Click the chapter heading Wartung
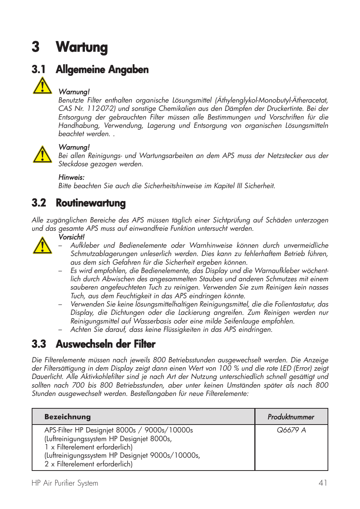coord(82,48)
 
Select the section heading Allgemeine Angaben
coord(102,70)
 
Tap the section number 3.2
coord(39,203)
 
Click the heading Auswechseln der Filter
coord(105,344)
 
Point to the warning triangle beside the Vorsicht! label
coord(42,245)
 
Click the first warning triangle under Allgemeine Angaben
coord(42,86)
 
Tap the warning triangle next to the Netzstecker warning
coord(42,155)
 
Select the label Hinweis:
coord(71,178)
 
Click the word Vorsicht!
coord(71,237)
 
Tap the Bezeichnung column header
coord(68,417)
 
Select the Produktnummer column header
coord(291,417)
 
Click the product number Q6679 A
coord(291,430)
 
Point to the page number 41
coord(323,483)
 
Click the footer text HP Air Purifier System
coord(65,483)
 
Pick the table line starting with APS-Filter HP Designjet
coord(118,430)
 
